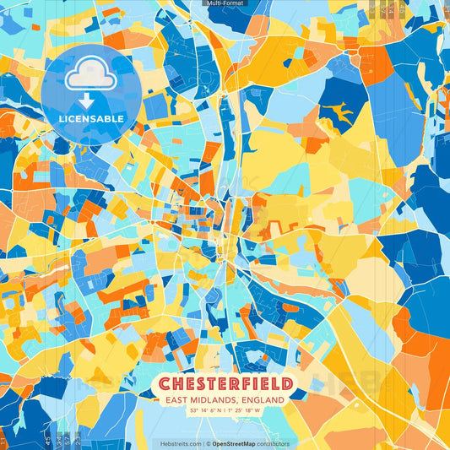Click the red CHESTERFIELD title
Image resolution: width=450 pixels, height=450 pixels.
click(x=225, y=382)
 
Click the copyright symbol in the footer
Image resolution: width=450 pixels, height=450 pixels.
click(x=208, y=443)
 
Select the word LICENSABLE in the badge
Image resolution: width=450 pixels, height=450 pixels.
click(x=90, y=119)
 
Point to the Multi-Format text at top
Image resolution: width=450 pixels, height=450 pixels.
click(x=225, y=3)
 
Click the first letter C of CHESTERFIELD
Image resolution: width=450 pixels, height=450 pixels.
click(x=165, y=382)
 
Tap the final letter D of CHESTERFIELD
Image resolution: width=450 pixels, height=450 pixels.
click(x=285, y=382)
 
